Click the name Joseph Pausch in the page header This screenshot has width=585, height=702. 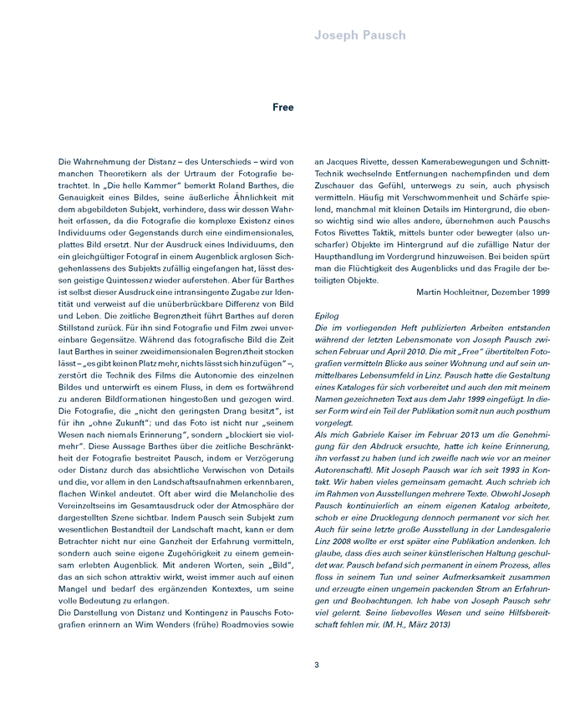click(x=360, y=35)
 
